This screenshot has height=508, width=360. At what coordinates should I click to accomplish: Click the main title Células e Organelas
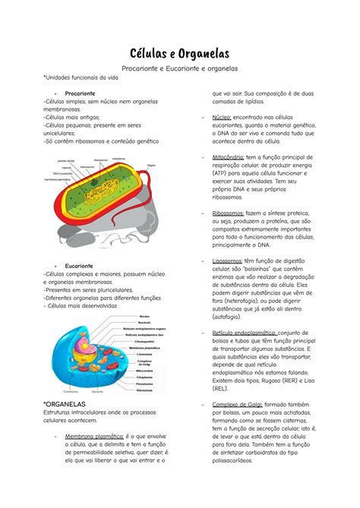(179, 52)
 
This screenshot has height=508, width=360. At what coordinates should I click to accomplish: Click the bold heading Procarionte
(80, 93)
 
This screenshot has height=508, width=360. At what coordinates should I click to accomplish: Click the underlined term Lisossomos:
(229, 260)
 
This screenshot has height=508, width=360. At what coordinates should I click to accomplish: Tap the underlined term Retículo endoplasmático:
(245, 332)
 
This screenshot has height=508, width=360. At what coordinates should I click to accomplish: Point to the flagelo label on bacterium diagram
(151, 164)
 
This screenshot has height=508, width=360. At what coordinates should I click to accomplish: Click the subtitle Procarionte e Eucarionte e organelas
(179, 69)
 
